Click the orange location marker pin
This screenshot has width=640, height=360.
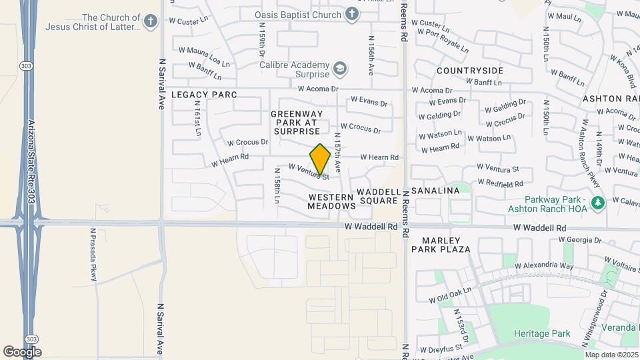[320, 160]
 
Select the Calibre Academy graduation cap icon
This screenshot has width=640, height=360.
[340, 69]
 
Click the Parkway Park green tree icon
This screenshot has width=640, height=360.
[598, 202]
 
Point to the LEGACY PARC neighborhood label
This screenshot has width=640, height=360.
[204, 95]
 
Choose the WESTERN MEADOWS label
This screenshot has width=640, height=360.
[332, 201]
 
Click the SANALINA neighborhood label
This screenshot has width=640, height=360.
[435, 191]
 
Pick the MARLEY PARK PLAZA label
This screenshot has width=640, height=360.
[446, 245]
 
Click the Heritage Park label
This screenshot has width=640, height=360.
[542, 333]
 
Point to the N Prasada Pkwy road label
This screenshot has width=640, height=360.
[94, 253]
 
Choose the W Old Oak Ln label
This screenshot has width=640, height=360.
[450, 295]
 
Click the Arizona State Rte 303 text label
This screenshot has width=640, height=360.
[31, 162]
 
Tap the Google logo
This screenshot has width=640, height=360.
[22, 351]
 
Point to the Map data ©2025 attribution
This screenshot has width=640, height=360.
[611, 355]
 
